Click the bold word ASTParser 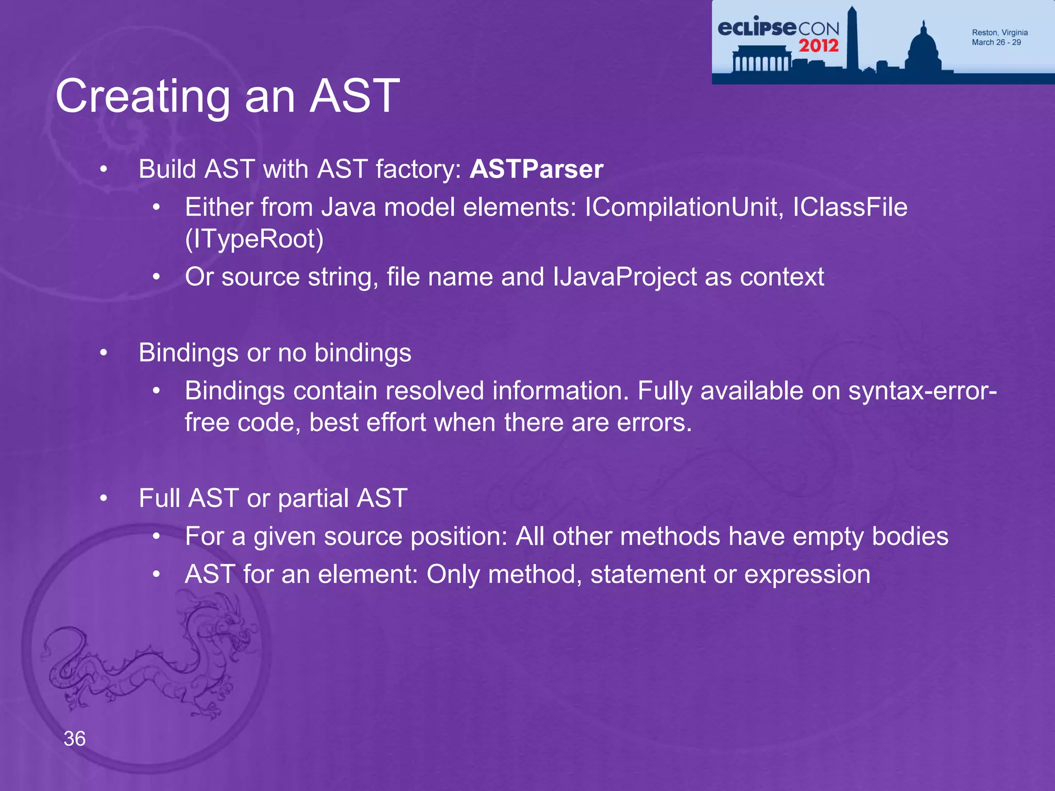pos(536,169)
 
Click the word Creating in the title pos(143,96)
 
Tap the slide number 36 pos(75,738)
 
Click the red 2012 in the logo pos(819,46)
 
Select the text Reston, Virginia pos(999,32)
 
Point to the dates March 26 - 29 pos(996,43)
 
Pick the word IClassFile pos(850,208)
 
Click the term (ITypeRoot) pos(254,239)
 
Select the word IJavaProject pos(624,277)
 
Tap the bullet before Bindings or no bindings pos(104,353)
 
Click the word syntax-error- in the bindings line pos(923,391)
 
